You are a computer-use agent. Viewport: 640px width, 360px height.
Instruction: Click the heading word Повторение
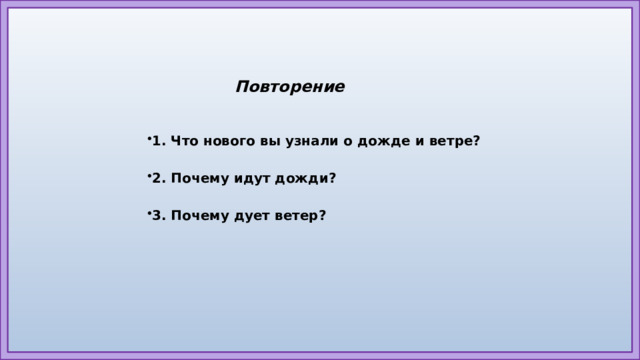click(290, 87)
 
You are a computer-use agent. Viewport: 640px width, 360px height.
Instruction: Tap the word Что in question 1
click(185, 142)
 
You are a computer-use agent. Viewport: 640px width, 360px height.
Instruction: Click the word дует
click(251, 216)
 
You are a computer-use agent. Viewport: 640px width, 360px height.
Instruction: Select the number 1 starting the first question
click(157, 142)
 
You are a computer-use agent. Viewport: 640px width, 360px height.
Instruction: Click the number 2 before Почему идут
click(157, 179)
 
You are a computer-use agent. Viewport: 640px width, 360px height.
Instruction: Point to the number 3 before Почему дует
click(157, 216)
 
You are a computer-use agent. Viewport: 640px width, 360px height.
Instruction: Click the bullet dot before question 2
click(148, 175)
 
